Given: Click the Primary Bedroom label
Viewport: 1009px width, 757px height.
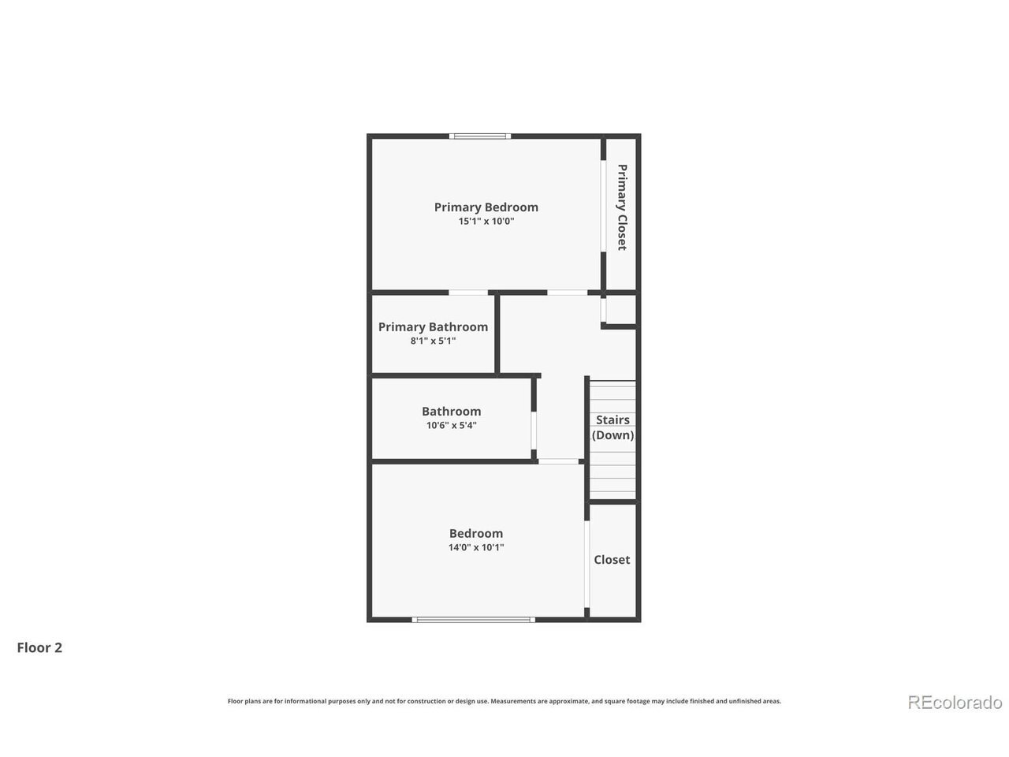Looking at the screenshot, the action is [x=486, y=207].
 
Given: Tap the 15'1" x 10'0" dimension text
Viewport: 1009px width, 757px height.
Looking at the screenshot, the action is [x=486, y=221].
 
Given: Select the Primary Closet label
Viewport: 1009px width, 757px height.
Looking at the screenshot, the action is [x=621, y=207].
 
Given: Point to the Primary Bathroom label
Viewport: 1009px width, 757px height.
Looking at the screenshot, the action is [x=433, y=326].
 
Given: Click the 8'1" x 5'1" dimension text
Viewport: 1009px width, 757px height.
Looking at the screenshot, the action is [x=433, y=341].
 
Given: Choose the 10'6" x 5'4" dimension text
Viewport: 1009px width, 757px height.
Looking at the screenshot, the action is [x=452, y=425].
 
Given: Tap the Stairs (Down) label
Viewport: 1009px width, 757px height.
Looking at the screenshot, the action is [x=612, y=427].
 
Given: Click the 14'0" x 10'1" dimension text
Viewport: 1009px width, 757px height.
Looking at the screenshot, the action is [x=476, y=547].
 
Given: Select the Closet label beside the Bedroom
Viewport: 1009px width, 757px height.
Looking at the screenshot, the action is [x=612, y=559].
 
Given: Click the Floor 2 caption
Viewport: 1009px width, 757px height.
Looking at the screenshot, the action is [x=39, y=647].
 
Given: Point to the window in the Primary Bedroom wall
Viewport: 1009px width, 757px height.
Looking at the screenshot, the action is [x=480, y=136].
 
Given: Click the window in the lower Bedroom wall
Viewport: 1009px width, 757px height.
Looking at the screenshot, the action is [x=474, y=620].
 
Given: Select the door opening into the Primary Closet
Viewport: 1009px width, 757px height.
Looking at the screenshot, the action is [x=603, y=206].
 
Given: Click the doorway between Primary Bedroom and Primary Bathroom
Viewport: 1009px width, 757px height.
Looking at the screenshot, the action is [x=468, y=293].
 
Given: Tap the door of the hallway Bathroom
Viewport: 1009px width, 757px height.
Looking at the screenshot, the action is [x=534, y=431].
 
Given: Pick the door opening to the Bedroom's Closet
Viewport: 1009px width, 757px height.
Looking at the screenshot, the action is [x=586, y=564].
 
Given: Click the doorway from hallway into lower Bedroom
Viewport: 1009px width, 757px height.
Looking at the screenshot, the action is [x=559, y=461].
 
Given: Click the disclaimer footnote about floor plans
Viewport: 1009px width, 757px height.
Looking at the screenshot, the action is [x=504, y=701].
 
